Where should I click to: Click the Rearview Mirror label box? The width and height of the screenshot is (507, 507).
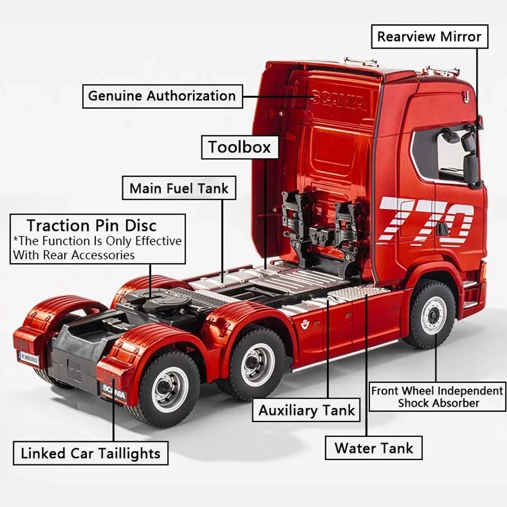pos(429,37)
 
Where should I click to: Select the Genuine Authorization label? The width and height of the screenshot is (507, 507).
pos(162,95)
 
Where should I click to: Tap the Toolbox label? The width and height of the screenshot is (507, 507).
pos(240,148)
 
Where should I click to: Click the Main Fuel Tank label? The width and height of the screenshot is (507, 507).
pos(179,188)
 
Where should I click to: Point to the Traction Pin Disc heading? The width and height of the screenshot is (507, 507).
pos(91,225)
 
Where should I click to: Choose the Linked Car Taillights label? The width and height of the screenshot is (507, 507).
pos(90,453)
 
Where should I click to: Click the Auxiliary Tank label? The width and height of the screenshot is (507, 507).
pos(307,410)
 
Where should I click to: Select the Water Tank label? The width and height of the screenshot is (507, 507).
pos(374,448)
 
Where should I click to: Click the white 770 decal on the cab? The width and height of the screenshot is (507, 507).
pos(426,221)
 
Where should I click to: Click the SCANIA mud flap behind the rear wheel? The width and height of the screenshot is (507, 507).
pos(114,391)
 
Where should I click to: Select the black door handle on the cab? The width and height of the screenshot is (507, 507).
pos(442,229)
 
